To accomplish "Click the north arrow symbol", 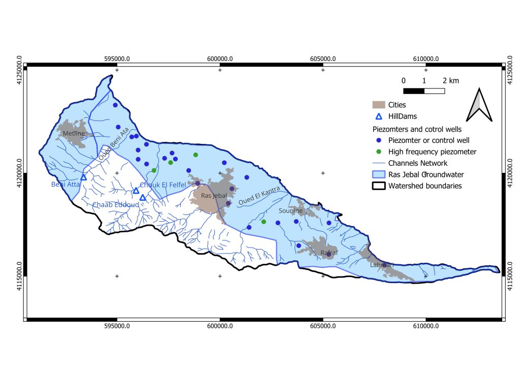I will click(480, 105).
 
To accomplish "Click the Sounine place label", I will click(291, 210).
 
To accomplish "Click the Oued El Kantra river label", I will click(263, 199).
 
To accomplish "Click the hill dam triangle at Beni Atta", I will click(84, 177).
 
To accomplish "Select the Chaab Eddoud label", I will click(115, 205).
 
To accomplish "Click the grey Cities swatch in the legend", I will click(378, 105).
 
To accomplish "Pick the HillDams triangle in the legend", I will click(378, 116).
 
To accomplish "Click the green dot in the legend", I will click(378, 151).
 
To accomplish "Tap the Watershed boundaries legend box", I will click(378, 186).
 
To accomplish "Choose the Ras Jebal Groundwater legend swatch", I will click(378, 174).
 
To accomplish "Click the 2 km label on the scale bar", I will click(451, 81).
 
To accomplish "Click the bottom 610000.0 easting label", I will click(426, 326).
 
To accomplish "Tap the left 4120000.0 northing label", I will click(19, 173).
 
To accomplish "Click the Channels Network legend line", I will click(378, 163).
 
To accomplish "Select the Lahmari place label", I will click(381, 265).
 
